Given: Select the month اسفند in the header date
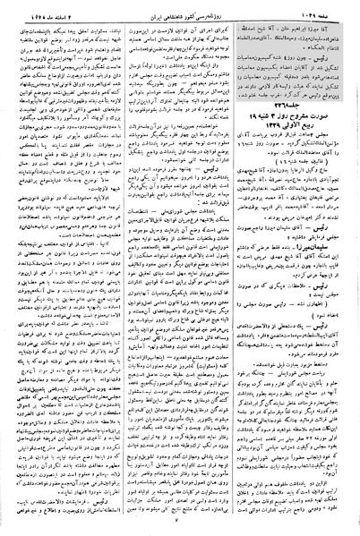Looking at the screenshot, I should [50, 8].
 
